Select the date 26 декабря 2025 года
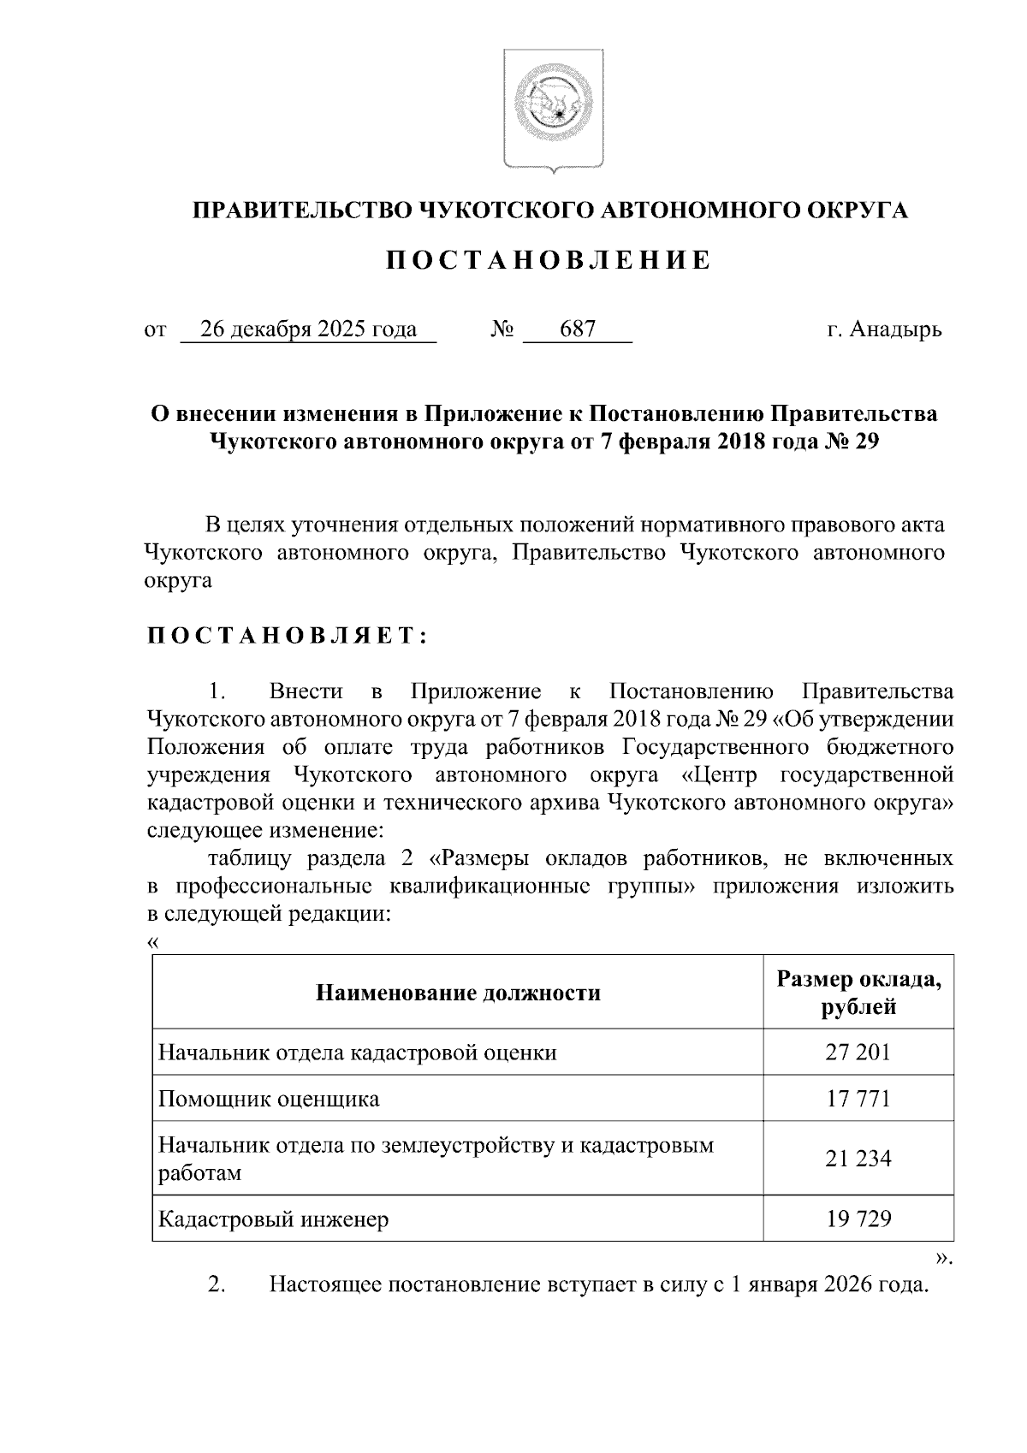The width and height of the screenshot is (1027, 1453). (x=308, y=329)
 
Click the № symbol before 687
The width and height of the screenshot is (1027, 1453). (x=502, y=329)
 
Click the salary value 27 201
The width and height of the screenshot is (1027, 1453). (x=858, y=1052)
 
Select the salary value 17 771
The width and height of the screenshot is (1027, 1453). (x=858, y=1098)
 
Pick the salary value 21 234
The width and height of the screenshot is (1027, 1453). (x=858, y=1158)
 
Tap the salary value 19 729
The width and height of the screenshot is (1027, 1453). (x=858, y=1218)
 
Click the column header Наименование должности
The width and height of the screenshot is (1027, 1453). (x=458, y=993)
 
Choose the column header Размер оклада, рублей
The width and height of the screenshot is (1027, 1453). (x=858, y=993)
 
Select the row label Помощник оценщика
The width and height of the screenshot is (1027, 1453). (x=269, y=1098)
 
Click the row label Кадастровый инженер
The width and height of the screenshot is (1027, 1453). (x=273, y=1218)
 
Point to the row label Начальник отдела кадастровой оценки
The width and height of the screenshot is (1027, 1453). (x=357, y=1052)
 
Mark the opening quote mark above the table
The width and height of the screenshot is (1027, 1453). (x=153, y=942)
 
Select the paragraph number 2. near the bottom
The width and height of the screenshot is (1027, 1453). (x=217, y=1284)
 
